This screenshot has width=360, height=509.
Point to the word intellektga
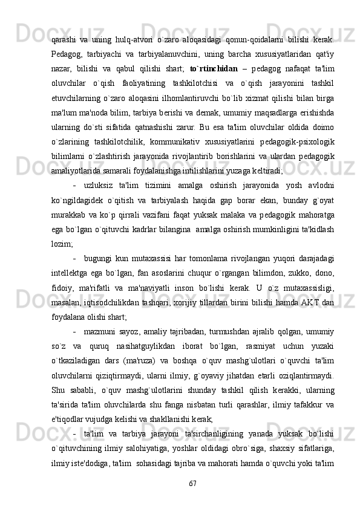tap(70, 256)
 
